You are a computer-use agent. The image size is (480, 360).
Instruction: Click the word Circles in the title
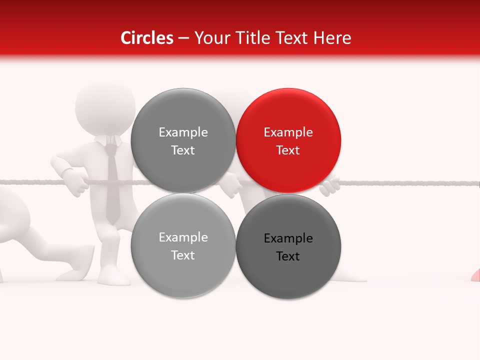click(147, 38)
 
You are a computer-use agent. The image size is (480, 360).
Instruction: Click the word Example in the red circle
click(288, 132)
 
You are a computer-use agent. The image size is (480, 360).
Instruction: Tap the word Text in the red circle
click(288, 150)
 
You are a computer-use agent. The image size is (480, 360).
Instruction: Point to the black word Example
click(288, 238)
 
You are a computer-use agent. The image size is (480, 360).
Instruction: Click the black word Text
click(288, 256)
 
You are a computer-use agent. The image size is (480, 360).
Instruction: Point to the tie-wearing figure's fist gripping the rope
click(78, 184)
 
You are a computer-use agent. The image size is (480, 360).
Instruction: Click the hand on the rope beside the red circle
click(330, 186)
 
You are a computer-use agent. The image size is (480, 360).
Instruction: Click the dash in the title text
click(183, 38)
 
